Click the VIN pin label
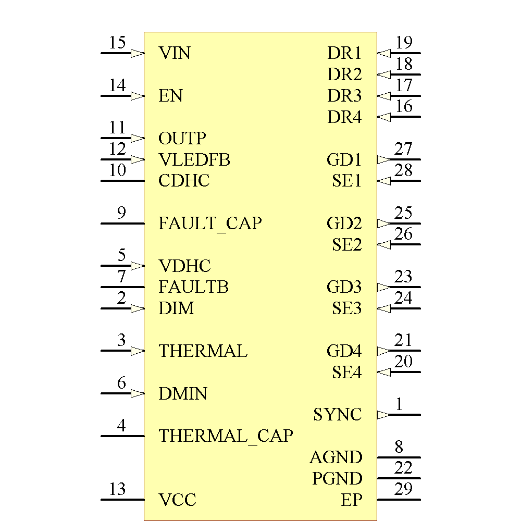point(175,53)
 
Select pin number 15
point(118,43)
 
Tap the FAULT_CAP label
point(210,224)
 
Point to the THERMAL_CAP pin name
point(226,436)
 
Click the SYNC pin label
point(337,415)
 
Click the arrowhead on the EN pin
point(138,96)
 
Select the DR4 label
point(344,117)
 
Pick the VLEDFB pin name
point(194,159)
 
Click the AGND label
point(336,457)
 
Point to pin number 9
point(121,213)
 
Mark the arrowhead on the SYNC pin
point(383,415)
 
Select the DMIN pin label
point(183,393)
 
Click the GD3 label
point(344,287)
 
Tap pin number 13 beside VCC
point(118,489)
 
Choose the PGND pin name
point(337,478)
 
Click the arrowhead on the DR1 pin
point(383,53)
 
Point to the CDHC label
point(184,181)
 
